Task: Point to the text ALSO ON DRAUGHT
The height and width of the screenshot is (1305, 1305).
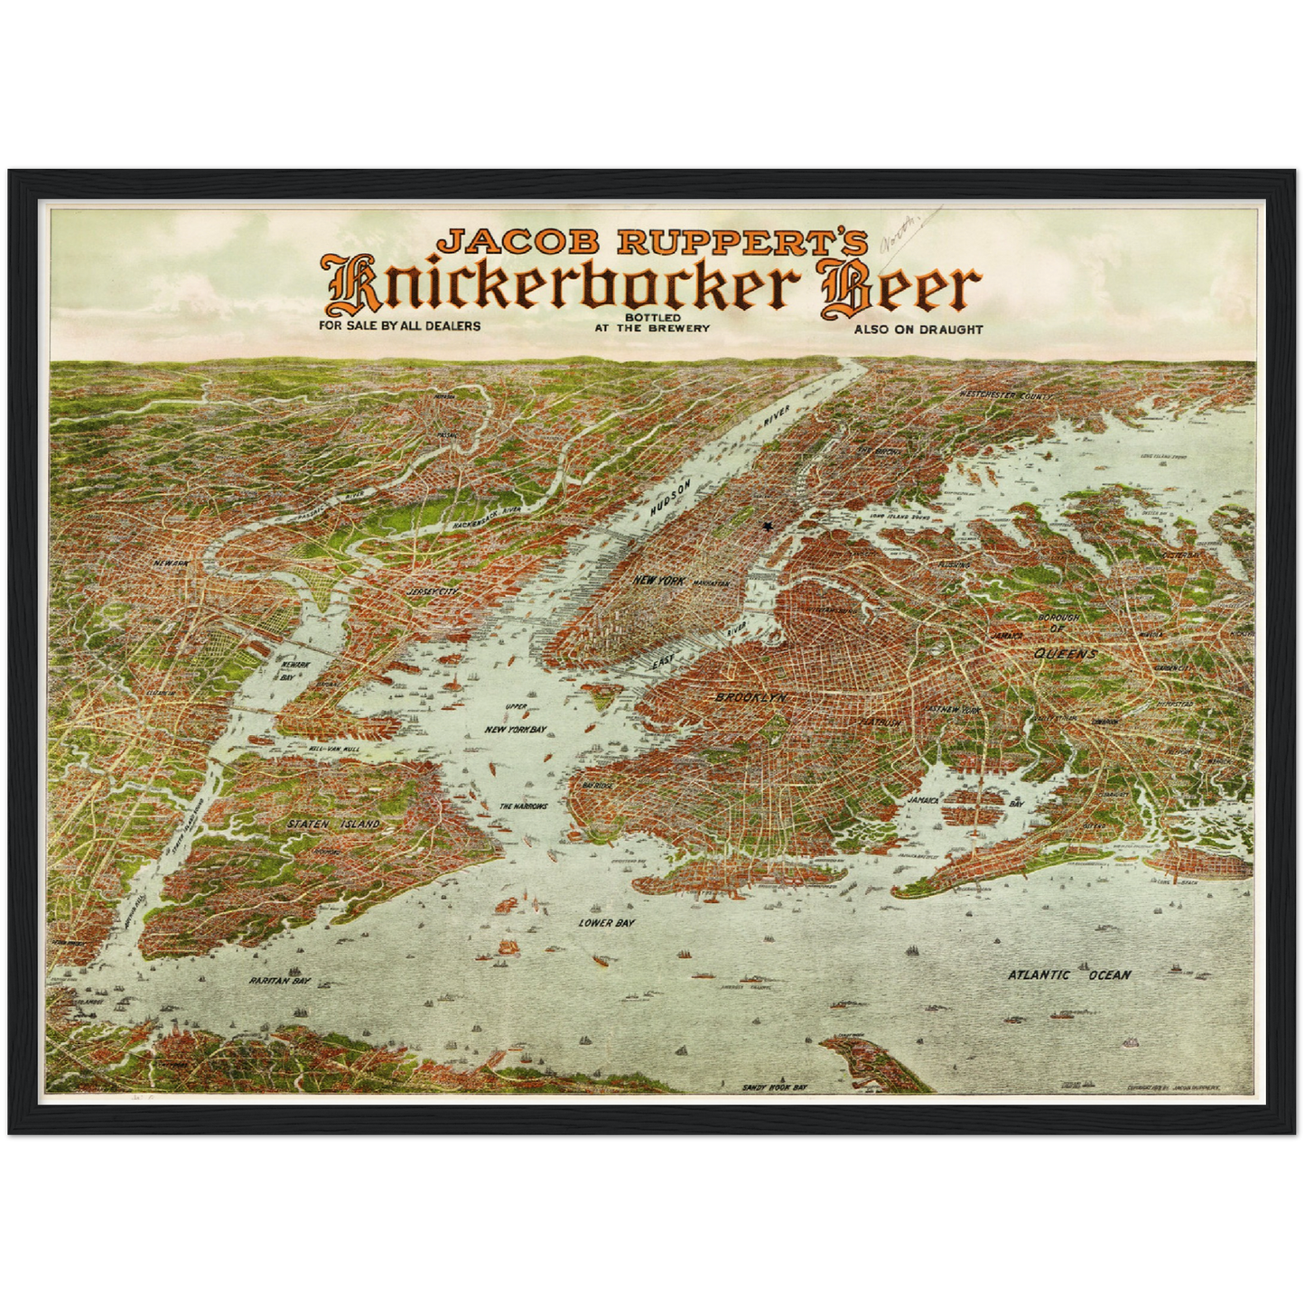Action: point(918,330)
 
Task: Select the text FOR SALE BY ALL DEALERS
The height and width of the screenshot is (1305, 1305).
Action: point(399,325)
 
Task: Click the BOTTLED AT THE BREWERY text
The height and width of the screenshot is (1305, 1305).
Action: point(652,323)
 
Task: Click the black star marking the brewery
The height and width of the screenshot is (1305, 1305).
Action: point(769,526)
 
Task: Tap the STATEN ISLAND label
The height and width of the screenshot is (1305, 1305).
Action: point(333,825)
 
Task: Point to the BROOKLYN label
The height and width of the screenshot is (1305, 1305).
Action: point(750,698)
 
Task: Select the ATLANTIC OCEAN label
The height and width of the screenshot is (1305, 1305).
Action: point(1068,974)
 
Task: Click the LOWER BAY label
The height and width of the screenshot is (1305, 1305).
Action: point(607,923)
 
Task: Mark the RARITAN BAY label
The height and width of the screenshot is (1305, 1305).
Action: point(280,980)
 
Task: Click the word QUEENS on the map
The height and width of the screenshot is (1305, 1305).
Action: point(1066,653)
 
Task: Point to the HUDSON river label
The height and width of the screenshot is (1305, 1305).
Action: point(674,499)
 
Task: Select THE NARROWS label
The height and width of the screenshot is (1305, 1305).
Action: point(524,806)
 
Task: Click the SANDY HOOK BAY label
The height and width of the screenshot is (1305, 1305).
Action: point(774,1087)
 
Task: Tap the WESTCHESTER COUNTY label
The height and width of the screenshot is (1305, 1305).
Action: point(1006,396)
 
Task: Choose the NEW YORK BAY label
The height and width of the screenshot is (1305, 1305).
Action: point(516,729)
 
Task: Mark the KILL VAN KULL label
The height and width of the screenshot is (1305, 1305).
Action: point(334,750)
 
